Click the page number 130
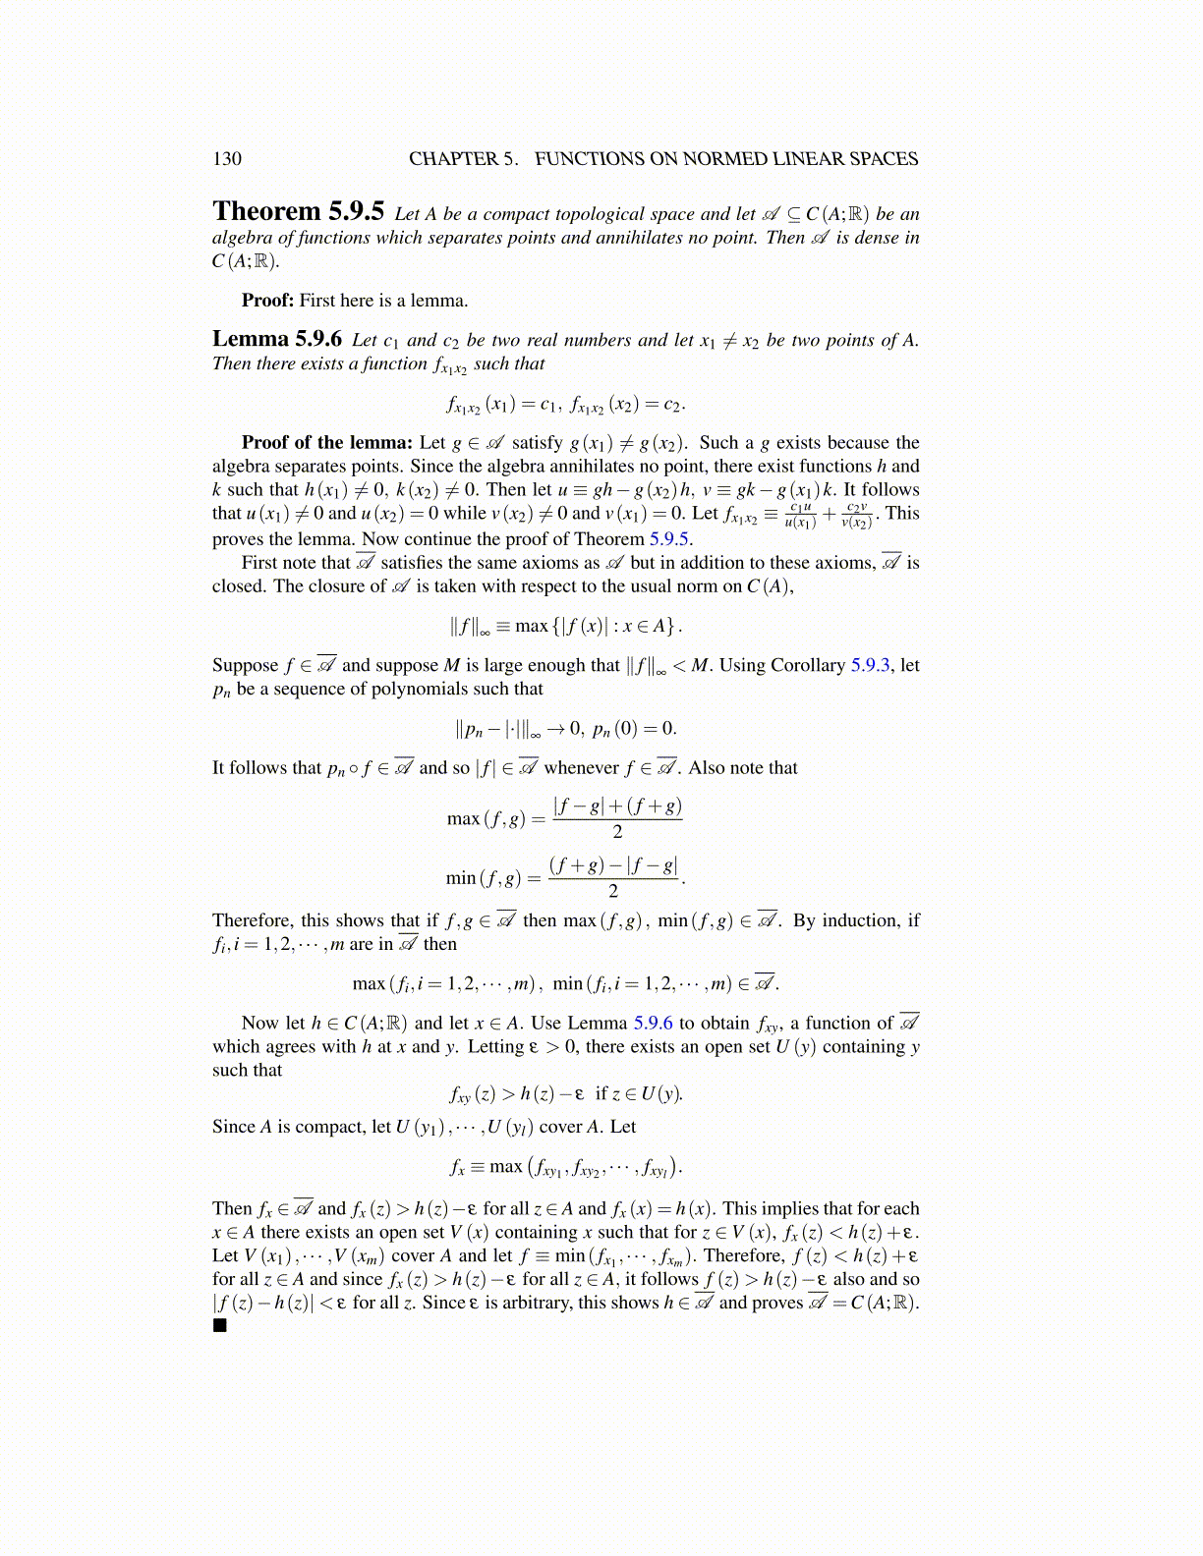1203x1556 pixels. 226,159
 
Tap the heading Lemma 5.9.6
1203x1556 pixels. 276,340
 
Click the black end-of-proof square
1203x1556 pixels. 219,1325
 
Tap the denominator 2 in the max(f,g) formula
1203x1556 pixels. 617,832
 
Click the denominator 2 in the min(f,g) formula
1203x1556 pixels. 613,891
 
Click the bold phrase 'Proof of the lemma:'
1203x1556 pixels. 327,443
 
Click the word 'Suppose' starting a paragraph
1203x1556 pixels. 246,665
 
